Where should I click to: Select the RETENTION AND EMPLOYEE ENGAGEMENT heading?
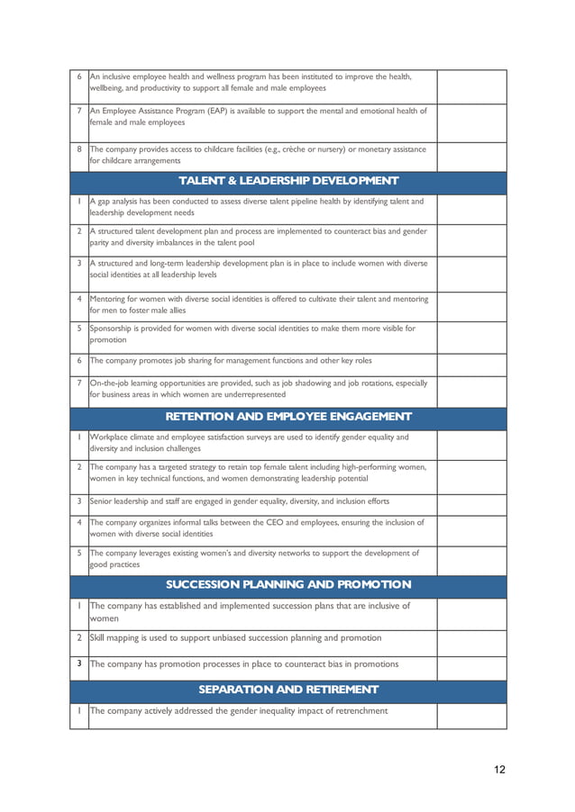(287, 416)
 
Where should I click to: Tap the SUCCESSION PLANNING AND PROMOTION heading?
(287, 584)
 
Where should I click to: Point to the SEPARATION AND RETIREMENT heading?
(287, 690)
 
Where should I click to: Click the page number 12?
(499, 769)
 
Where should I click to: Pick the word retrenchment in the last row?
(357, 710)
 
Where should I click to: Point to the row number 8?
(79, 149)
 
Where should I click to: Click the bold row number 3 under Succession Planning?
(79, 664)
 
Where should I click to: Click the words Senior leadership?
(122, 501)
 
